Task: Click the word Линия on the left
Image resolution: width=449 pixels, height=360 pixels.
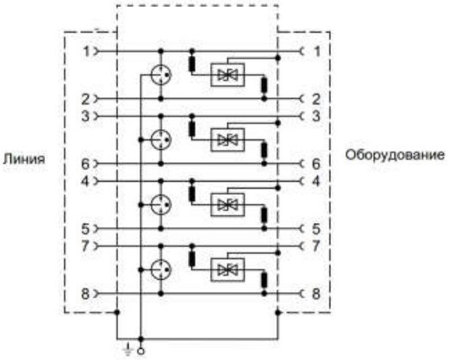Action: tap(24, 158)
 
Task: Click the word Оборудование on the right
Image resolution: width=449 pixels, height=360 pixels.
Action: tap(395, 155)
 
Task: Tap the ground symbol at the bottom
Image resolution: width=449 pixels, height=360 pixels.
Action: tap(128, 349)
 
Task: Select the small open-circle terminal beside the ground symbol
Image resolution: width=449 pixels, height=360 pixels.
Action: tap(140, 351)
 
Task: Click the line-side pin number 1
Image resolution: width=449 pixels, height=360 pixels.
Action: tap(86, 52)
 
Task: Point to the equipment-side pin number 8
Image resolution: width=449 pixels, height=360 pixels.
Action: tap(315, 294)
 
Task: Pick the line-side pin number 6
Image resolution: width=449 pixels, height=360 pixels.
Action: tap(85, 164)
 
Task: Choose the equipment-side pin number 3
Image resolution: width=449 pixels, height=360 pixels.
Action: tap(315, 116)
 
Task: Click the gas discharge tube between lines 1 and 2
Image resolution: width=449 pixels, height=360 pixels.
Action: tap(161, 75)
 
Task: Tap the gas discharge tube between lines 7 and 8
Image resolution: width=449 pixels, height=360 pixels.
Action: tap(161, 270)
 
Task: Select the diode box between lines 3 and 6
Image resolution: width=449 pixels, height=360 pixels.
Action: tap(228, 140)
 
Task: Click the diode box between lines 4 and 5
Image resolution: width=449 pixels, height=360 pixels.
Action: tap(228, 205)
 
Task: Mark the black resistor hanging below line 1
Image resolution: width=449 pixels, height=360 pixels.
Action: tap(192, 65)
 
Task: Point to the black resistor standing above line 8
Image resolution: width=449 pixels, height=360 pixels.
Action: tap(264, 280)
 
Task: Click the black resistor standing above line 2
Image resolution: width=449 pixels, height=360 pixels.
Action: tap(264, 85)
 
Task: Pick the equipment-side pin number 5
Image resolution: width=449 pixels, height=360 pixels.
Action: tap(315, 229)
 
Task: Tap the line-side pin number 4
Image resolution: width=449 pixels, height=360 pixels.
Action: tap(85, 181)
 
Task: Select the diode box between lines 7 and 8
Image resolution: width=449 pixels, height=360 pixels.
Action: tap(228, 270)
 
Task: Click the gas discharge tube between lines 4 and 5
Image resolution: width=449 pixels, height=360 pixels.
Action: tap(161, 205)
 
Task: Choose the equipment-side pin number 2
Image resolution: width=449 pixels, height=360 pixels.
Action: tap(315, 99)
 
